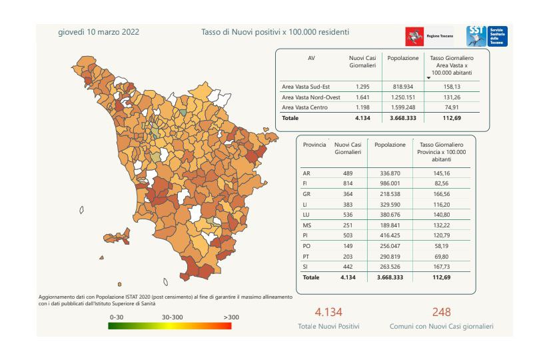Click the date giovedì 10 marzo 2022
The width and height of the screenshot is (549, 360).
[99, 32]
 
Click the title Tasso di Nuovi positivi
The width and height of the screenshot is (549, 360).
[275, 32]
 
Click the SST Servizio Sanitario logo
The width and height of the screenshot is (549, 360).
[487, 36]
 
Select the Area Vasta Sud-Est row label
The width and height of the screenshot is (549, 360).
[306, 87]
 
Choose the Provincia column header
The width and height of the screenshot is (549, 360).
[314, 144]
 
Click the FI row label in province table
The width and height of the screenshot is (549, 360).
[306, 183]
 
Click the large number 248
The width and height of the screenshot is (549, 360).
[441, 312]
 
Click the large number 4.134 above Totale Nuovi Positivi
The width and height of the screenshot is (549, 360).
[328, 312]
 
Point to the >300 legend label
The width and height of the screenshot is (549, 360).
[231, 317]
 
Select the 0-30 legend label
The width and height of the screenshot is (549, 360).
[117, 317]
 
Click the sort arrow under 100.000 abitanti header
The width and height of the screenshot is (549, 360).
[428, 78]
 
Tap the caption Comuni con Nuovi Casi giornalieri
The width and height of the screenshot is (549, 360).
[441, 327]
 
